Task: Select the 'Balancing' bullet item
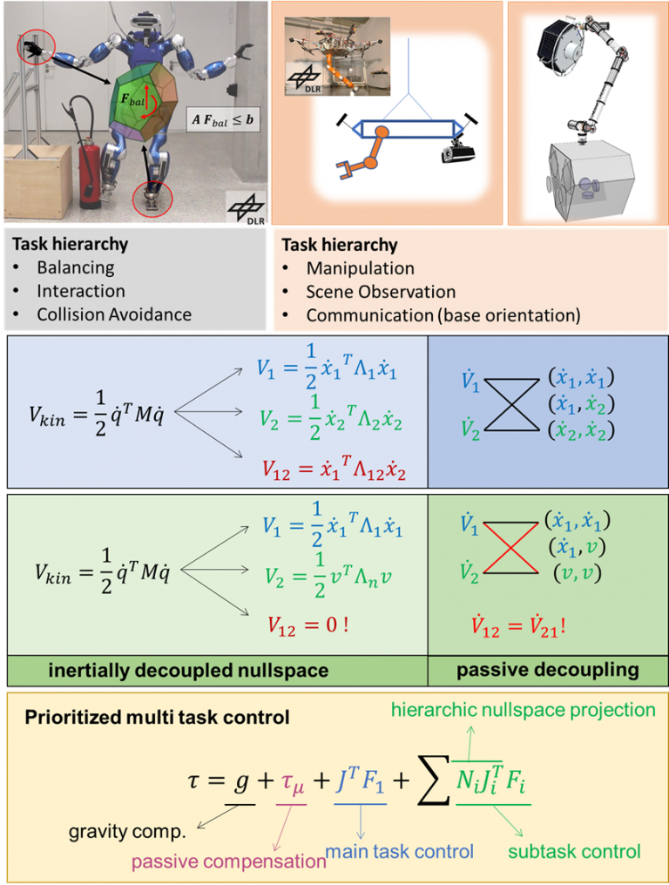(75, 267)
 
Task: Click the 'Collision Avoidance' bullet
(113, 314)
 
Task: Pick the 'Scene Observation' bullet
(381, 292)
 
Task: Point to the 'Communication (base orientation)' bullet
(443, 315)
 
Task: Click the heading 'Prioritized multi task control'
(157, 718)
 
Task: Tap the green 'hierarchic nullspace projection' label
(523, 710)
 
